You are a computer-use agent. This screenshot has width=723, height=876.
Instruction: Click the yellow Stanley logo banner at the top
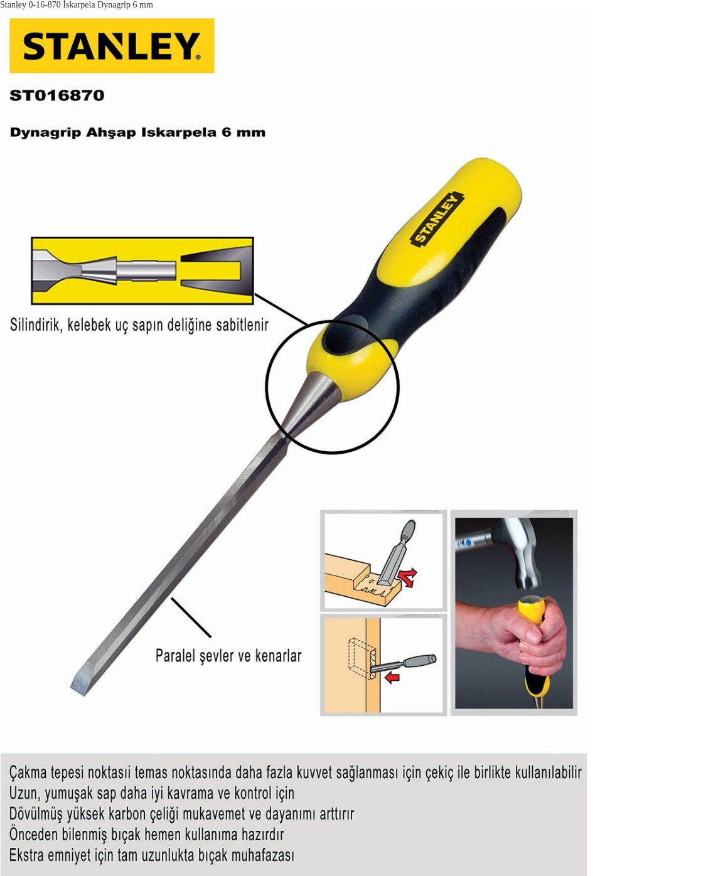point(112,45)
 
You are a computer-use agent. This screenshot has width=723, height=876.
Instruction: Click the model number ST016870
point(56,95)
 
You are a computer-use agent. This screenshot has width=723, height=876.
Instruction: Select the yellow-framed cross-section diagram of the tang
point(142,270)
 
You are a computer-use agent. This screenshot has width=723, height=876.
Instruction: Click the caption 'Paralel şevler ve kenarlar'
point(228,656)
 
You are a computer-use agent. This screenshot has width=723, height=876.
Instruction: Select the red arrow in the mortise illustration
point(392,677)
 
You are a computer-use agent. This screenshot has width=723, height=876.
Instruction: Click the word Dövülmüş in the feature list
point(35,814)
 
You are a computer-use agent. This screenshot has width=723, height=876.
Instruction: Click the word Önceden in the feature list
point(33,835)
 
